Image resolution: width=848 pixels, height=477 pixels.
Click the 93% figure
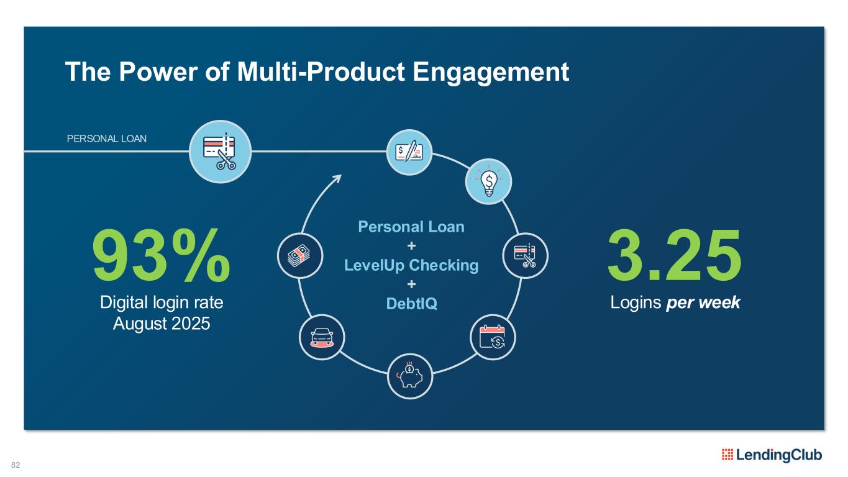[x=161, y=255]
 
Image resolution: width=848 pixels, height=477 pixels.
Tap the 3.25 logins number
[x=674, y=255]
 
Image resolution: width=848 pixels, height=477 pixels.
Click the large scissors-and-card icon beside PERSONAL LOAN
[x=220, y=152]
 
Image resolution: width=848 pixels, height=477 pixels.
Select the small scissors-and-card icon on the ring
[x=524, y=255]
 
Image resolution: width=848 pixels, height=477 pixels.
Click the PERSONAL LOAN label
[x=107, y=139]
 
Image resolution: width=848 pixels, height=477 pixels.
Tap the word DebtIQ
[x=411, y=304]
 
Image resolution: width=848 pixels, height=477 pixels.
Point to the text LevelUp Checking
[x=411, y=266]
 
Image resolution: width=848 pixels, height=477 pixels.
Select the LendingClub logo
[x=772, y=455]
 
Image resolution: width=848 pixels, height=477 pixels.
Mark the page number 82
[x=16, y=465]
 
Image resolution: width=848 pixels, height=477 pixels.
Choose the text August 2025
[x=162, y=323]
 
